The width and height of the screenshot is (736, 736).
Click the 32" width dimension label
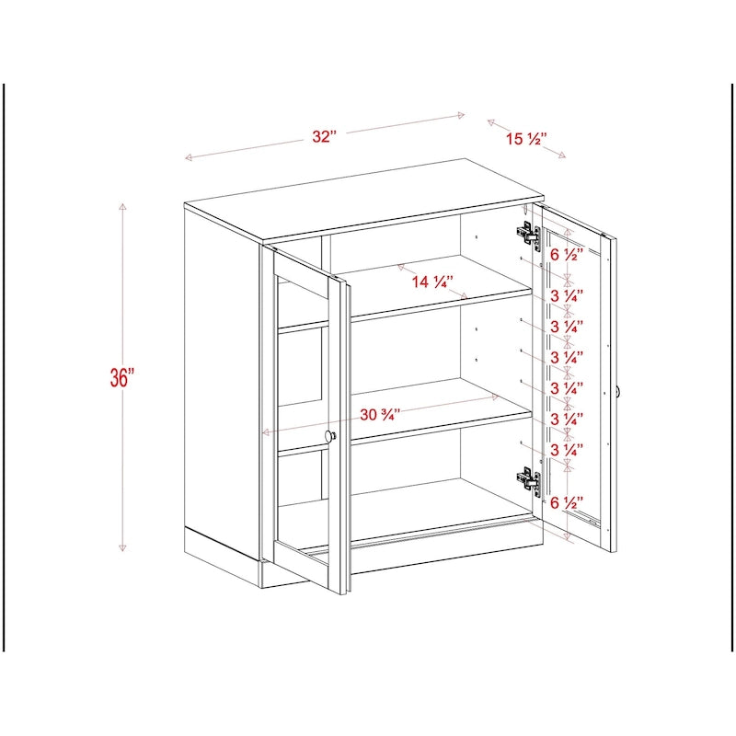[x=324, y=136]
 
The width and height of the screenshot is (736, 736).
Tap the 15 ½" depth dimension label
[x=526, y=140]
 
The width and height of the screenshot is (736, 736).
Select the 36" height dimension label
[x=121, y=378]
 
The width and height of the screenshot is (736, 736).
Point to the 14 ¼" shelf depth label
[x=433, y=282]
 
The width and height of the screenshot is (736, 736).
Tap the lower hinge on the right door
[x=527, y=479]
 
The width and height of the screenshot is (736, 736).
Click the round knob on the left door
[x=330, y=436]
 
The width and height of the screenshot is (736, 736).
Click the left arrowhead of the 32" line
[x=188, y=158]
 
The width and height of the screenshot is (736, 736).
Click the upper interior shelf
[x=432, y=304]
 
